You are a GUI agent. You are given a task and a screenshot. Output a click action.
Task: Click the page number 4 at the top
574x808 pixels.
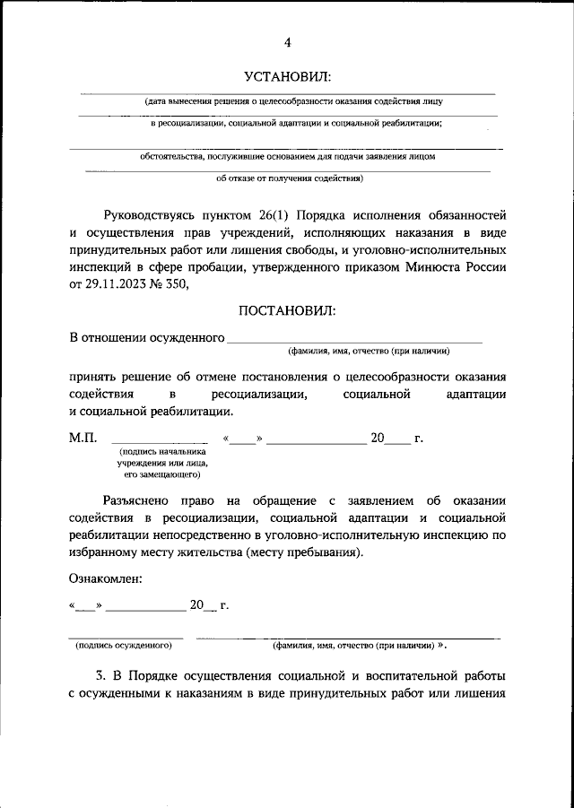pyautogui.click(x=288, y=42)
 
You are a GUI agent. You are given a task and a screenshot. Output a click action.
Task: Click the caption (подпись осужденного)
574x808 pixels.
pyautogui.click(x=125, y=645)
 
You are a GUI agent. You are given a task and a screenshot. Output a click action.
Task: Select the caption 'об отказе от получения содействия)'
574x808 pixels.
pyautogui.click(x=290, y=178)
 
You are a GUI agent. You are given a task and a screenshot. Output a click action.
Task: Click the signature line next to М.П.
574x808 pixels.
pyautogui.click(x=160, y=443)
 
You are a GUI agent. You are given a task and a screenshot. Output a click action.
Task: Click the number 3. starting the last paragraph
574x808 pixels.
pyautogui.click(x=101, y=675)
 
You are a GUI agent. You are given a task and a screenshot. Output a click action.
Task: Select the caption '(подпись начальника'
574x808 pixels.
pyautogui.click(x=161, y=452)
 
